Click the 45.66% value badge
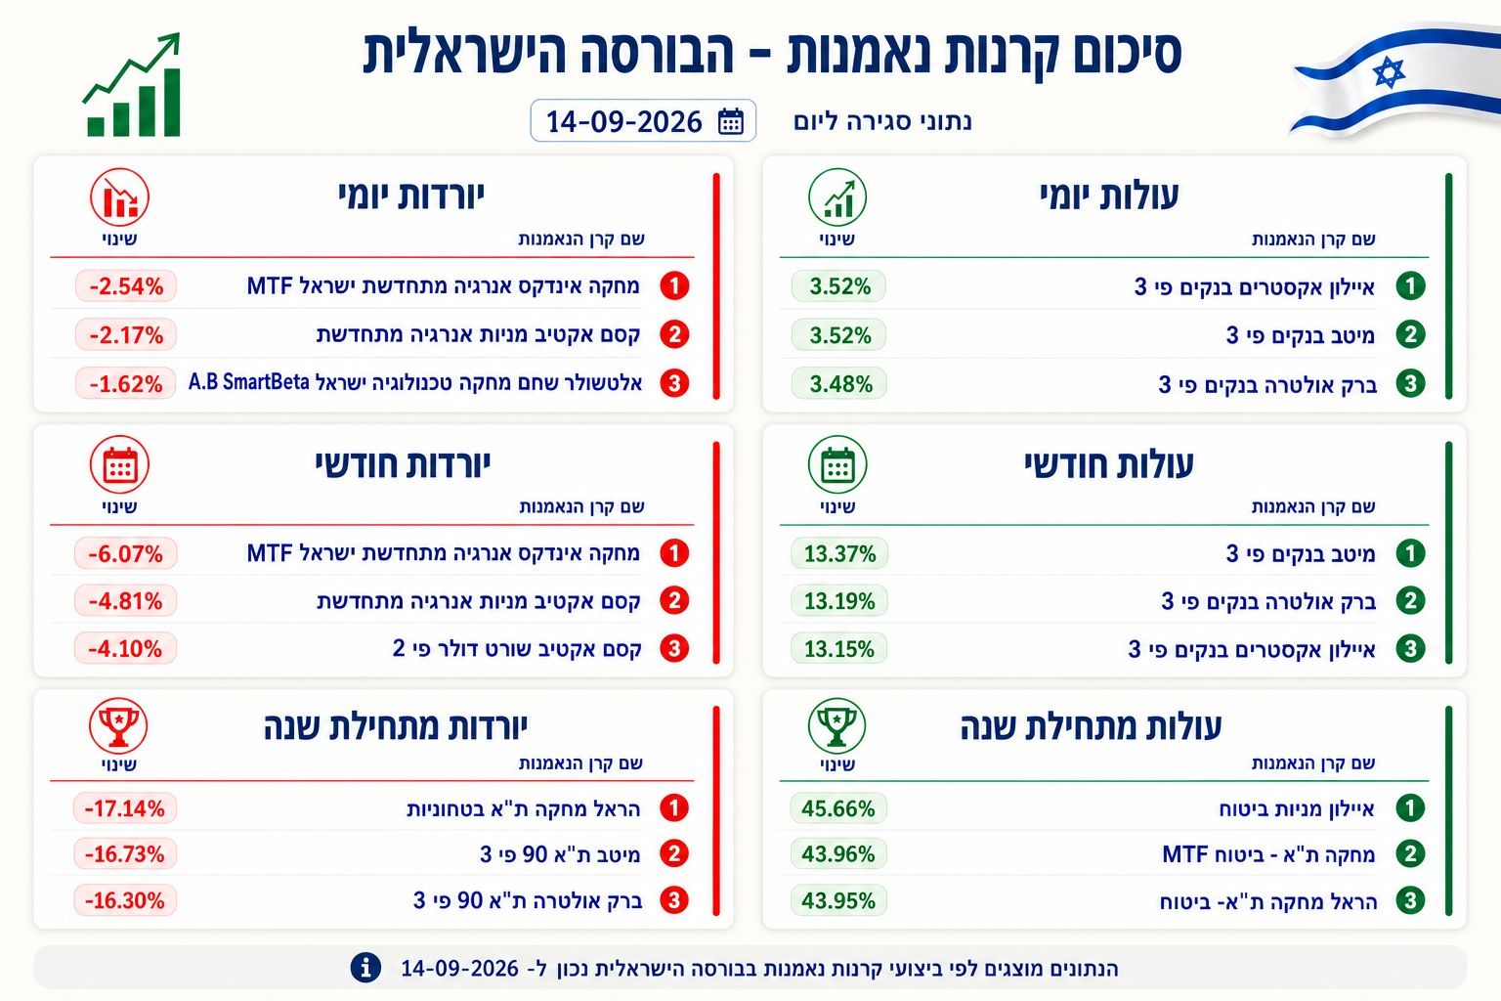tap(838, 807)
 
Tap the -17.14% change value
tap(125, 807)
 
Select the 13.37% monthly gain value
tap(839, 554)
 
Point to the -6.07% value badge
tap(125, 554)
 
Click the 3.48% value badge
tap(839, 383)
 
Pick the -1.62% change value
tap(125, 383)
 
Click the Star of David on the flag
tap(1389, 72)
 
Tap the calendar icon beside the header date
tap(730, 121)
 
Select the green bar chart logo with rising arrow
tap(133, 84)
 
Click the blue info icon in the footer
tap(365, 968)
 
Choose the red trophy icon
tap(118, 725)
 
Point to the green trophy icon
tap(836, 725)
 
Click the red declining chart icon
tap(119, 197)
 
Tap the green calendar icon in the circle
tap(836, 464)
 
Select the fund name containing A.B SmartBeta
tap(415, 382)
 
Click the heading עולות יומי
tap(1109, 196)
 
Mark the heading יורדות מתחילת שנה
tap(396, 726)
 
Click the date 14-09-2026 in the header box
tap(623, 122)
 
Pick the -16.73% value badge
tap(125, 853)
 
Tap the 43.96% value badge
tap(838, 853)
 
